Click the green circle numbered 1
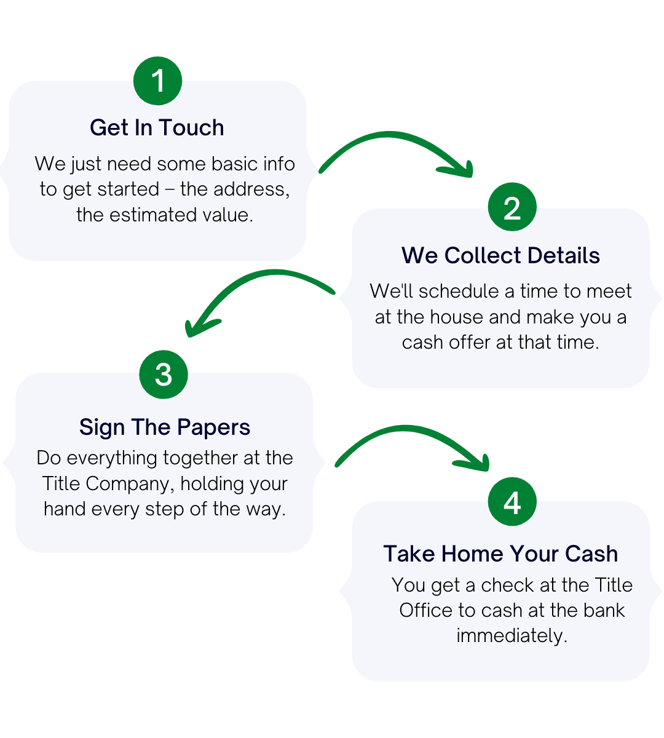click(x=158, y=81)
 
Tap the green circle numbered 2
click(x=512, y=208)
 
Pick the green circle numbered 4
click(x=512, y=502)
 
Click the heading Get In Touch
click(x=157, y=127)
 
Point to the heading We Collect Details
click(x=500, y=255)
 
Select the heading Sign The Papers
click(x=165, y=427)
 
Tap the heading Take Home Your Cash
click(x=500, y=553)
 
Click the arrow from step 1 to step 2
click(x=397, y=151)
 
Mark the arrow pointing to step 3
click(x=258, y=292)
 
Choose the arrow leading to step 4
click(x=412, y=443)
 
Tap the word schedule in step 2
click(x=462, y=291)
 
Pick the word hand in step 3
click(x=65, y=509)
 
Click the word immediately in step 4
click(x=512, y=635)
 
